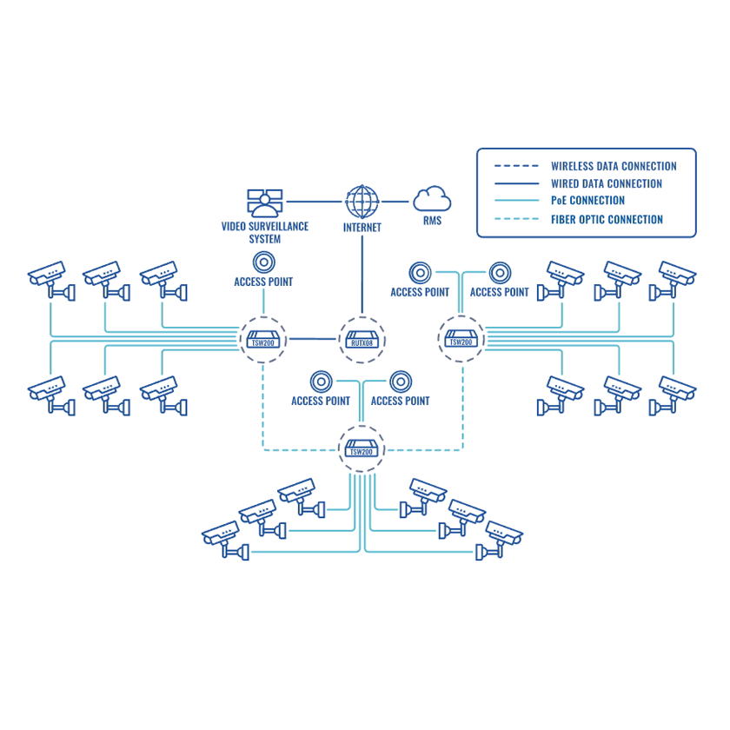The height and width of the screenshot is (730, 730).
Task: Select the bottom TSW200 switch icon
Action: [361, 449]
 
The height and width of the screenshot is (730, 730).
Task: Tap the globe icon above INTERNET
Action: [362, 202]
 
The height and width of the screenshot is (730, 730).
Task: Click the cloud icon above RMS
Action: [432, 200]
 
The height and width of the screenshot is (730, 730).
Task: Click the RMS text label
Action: [432, 221]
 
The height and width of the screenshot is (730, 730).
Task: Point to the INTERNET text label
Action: [362, 227]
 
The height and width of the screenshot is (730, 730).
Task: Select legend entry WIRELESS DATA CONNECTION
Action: [614, 166]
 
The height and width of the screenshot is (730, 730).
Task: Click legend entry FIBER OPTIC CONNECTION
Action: [607, 219]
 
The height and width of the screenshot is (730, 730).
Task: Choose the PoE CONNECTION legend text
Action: [587, 201]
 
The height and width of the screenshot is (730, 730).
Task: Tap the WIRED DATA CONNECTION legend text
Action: [607, 183]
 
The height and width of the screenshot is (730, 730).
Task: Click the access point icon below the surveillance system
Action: [263, 262]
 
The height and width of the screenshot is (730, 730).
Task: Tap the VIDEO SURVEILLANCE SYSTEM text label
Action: [264, 233]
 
